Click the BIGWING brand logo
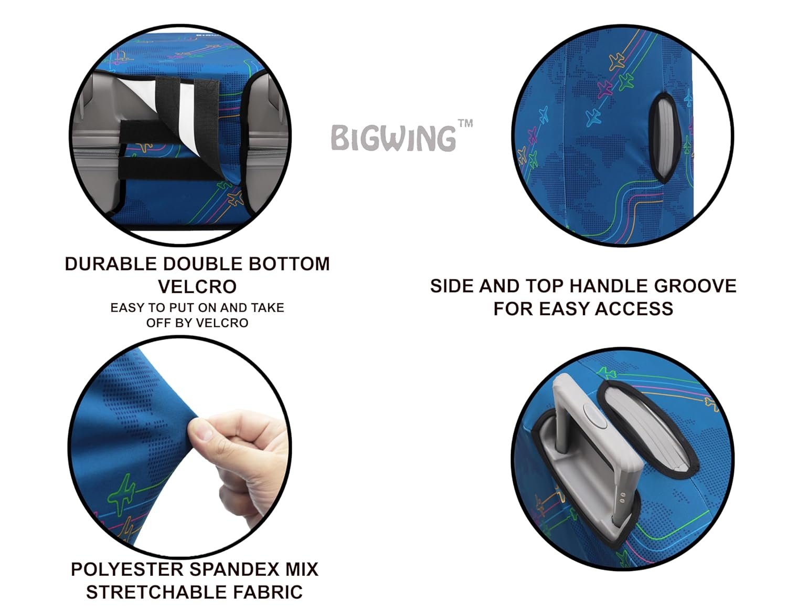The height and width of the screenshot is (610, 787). pos(393,138)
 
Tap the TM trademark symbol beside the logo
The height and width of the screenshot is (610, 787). pos(465,123)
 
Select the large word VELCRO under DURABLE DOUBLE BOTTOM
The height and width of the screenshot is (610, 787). pos(197,286)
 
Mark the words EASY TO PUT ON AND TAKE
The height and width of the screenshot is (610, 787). pos(197,308)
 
